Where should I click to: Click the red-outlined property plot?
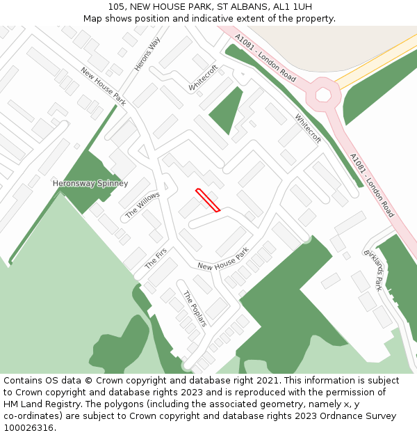coord(208,200)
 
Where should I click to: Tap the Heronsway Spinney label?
coord(90,184)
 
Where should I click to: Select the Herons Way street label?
coord(147,54)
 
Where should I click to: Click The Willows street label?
coord(142,205)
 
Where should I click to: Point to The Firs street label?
coord(156,259)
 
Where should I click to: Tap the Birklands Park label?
coord(374,269)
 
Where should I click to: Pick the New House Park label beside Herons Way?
coord(103,86)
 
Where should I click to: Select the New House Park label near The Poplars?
coord(222,262)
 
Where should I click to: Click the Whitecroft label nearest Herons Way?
coord(204,78)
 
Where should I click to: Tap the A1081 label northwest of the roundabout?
coord(265,58)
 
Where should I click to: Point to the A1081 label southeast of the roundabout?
coord(372,185)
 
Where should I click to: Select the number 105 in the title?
coord(117,7)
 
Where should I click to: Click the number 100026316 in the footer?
coord(28,428)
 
